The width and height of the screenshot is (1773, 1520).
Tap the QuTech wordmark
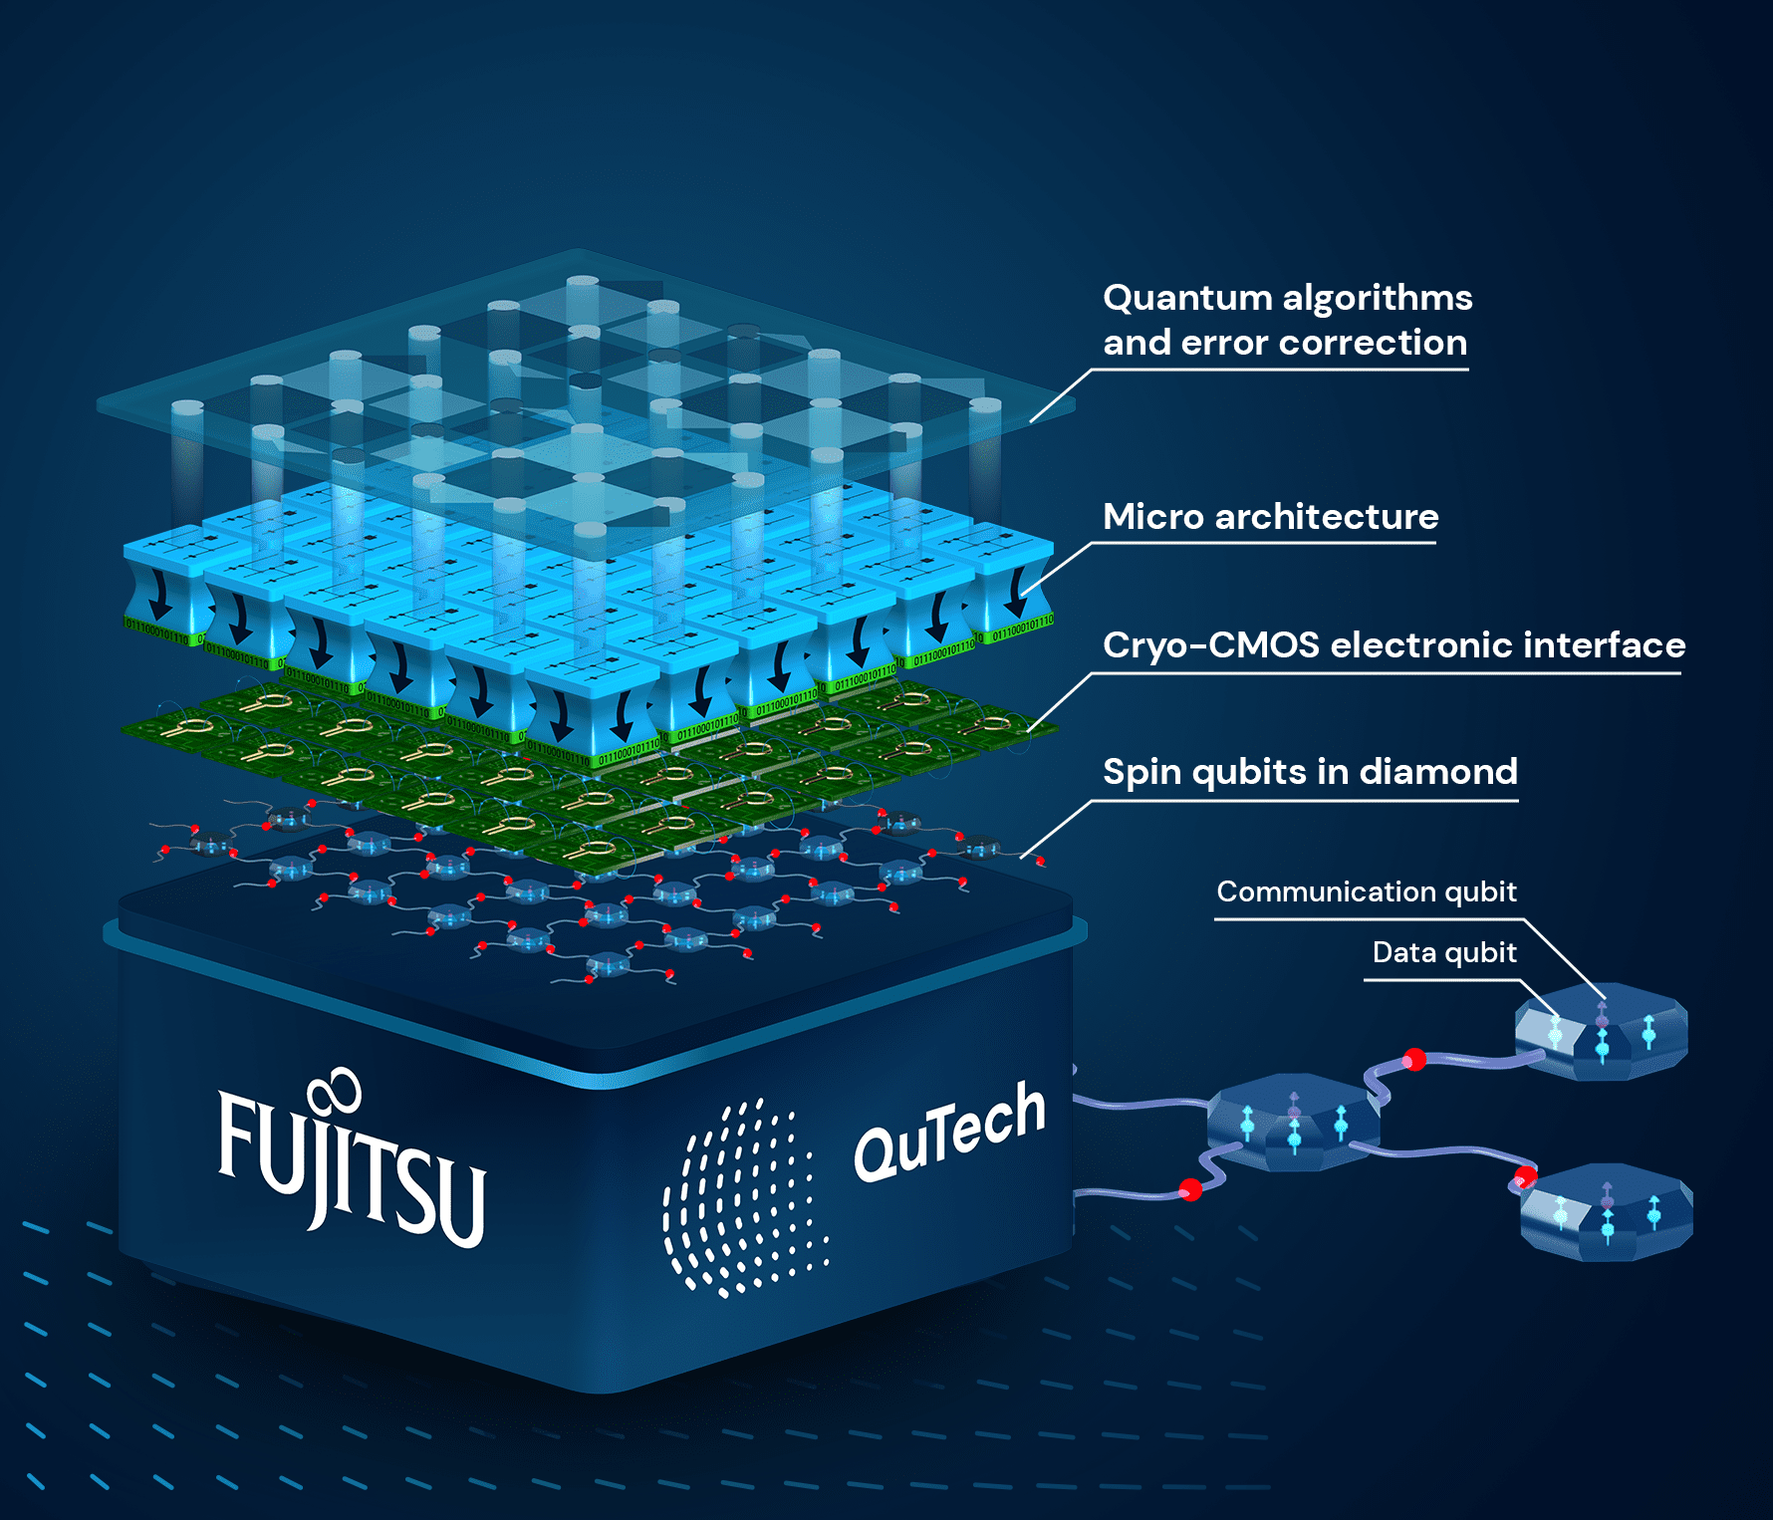coord(948,1134)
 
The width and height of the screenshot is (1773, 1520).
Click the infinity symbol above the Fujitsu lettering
coord(335,1091)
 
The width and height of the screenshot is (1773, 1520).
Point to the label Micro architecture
coord(1270,517)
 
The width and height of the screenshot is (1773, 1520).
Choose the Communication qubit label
coord(1366,891)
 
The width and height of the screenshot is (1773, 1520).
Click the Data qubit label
coord(1443,952)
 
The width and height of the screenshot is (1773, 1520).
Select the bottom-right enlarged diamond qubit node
coord(1606,1212)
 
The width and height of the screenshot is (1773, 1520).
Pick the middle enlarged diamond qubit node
coord(1293,1124)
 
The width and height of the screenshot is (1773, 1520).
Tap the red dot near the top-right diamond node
coord(1413,1059)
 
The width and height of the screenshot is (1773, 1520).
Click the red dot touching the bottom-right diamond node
coord(1525,1178)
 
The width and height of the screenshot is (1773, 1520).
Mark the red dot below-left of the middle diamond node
coord(1190,1189)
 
